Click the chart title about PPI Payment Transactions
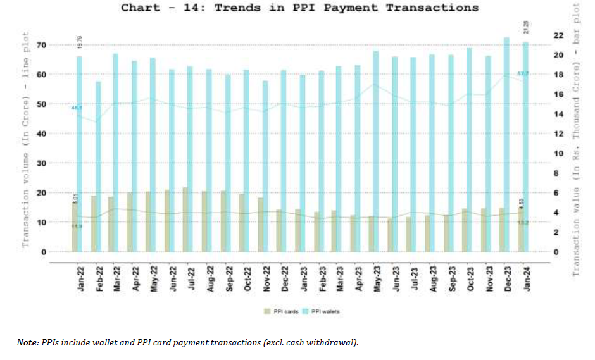point(299,8)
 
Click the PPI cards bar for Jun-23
point(391,235)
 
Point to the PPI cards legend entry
point(279,311)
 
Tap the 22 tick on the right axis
point(558,35)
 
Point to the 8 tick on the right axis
point(556,173)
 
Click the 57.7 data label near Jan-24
point(523,74)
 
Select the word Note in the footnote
point(28,342)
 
